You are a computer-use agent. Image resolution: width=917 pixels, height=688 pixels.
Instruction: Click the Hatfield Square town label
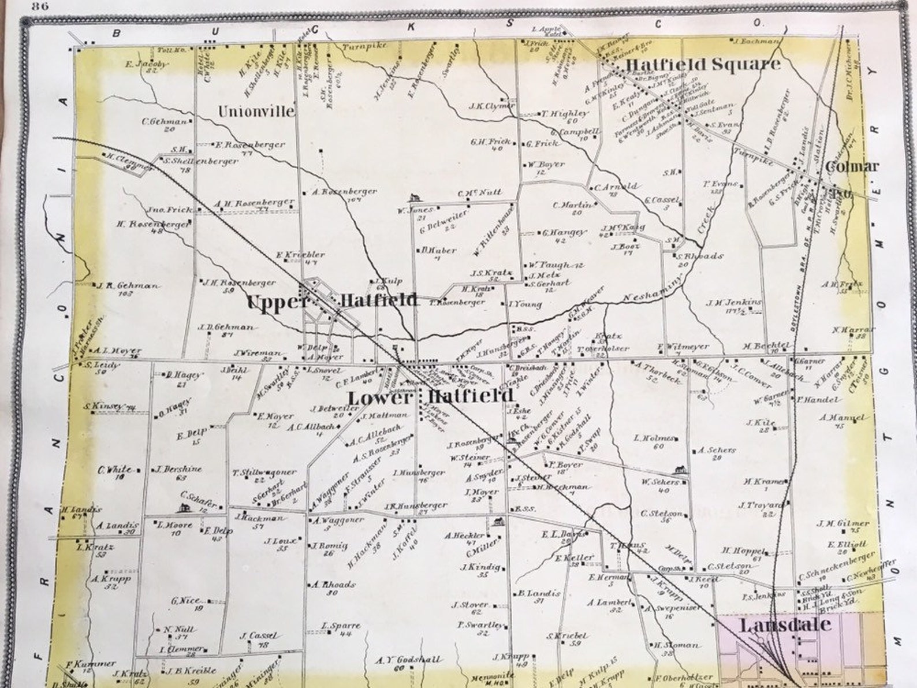tap(703, 64)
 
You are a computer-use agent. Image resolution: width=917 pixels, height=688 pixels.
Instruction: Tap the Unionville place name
tap(256, 110)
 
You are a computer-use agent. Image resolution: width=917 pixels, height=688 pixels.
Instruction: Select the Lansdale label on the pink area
tap(785, 625)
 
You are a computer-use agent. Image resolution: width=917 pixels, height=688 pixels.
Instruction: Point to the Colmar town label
tap(852, 167)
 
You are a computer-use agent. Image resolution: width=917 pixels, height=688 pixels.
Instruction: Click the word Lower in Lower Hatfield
tap(381, 397)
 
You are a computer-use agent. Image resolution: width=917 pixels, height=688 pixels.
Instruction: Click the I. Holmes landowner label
tap(655, 438)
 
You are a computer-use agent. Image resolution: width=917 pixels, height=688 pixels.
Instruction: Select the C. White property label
tap(115, 470)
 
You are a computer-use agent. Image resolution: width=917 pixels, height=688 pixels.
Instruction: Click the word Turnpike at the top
tap(363, 46)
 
